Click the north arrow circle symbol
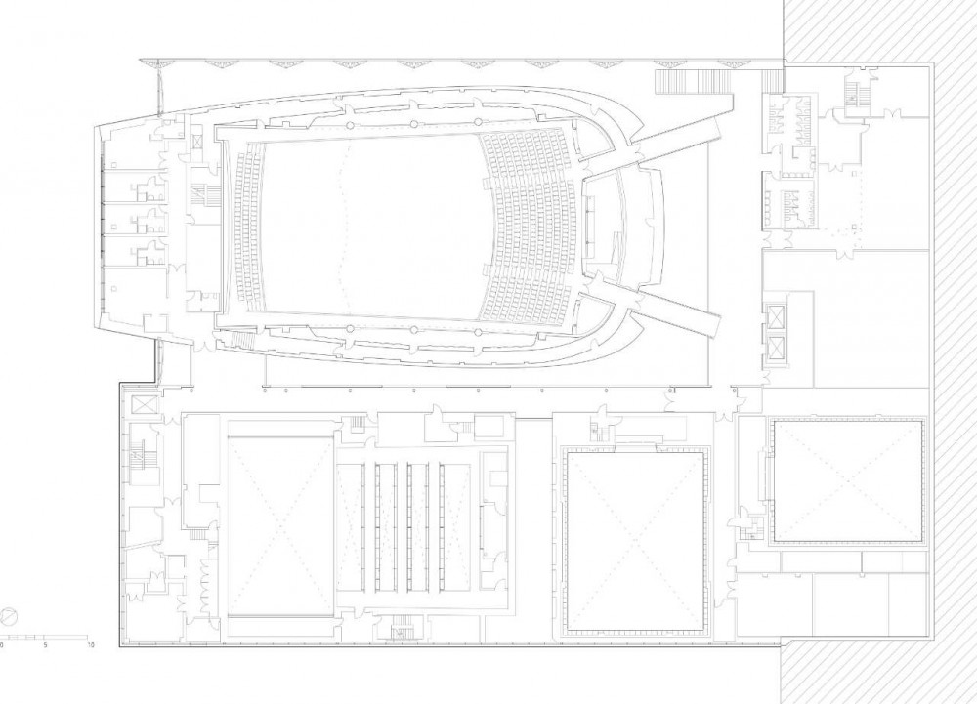tap(8, 617)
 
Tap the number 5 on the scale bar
tap(46, 645)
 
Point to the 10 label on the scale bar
tap(90, 645)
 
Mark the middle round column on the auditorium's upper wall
tap(413, 122)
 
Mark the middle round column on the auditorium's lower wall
tap(413, 329)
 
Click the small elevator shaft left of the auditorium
tap(196, 139)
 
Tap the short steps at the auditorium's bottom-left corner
tap(242, 340)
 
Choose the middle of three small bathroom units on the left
tap(149, 220)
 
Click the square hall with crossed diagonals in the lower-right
tap(848, 480)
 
